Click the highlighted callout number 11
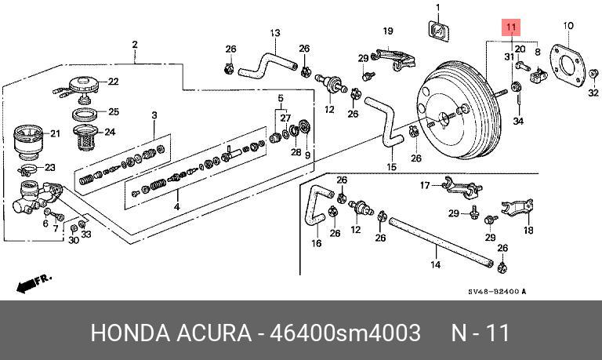(x=511, y=28)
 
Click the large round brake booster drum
(x=453, y=112)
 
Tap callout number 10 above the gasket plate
(x=568, y=26)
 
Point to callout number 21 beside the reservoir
(x=55, y=133)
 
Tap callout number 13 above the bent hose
(x=275, y=33)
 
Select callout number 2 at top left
(x=135, y=44)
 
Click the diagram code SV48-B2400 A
(x=497, y=292)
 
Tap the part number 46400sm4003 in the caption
(x=346, y=333)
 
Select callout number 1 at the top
(x=438, y=8)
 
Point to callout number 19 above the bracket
(x=387, y=31)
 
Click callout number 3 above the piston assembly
(x=154, y=116)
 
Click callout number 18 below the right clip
(x=528, y=231)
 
